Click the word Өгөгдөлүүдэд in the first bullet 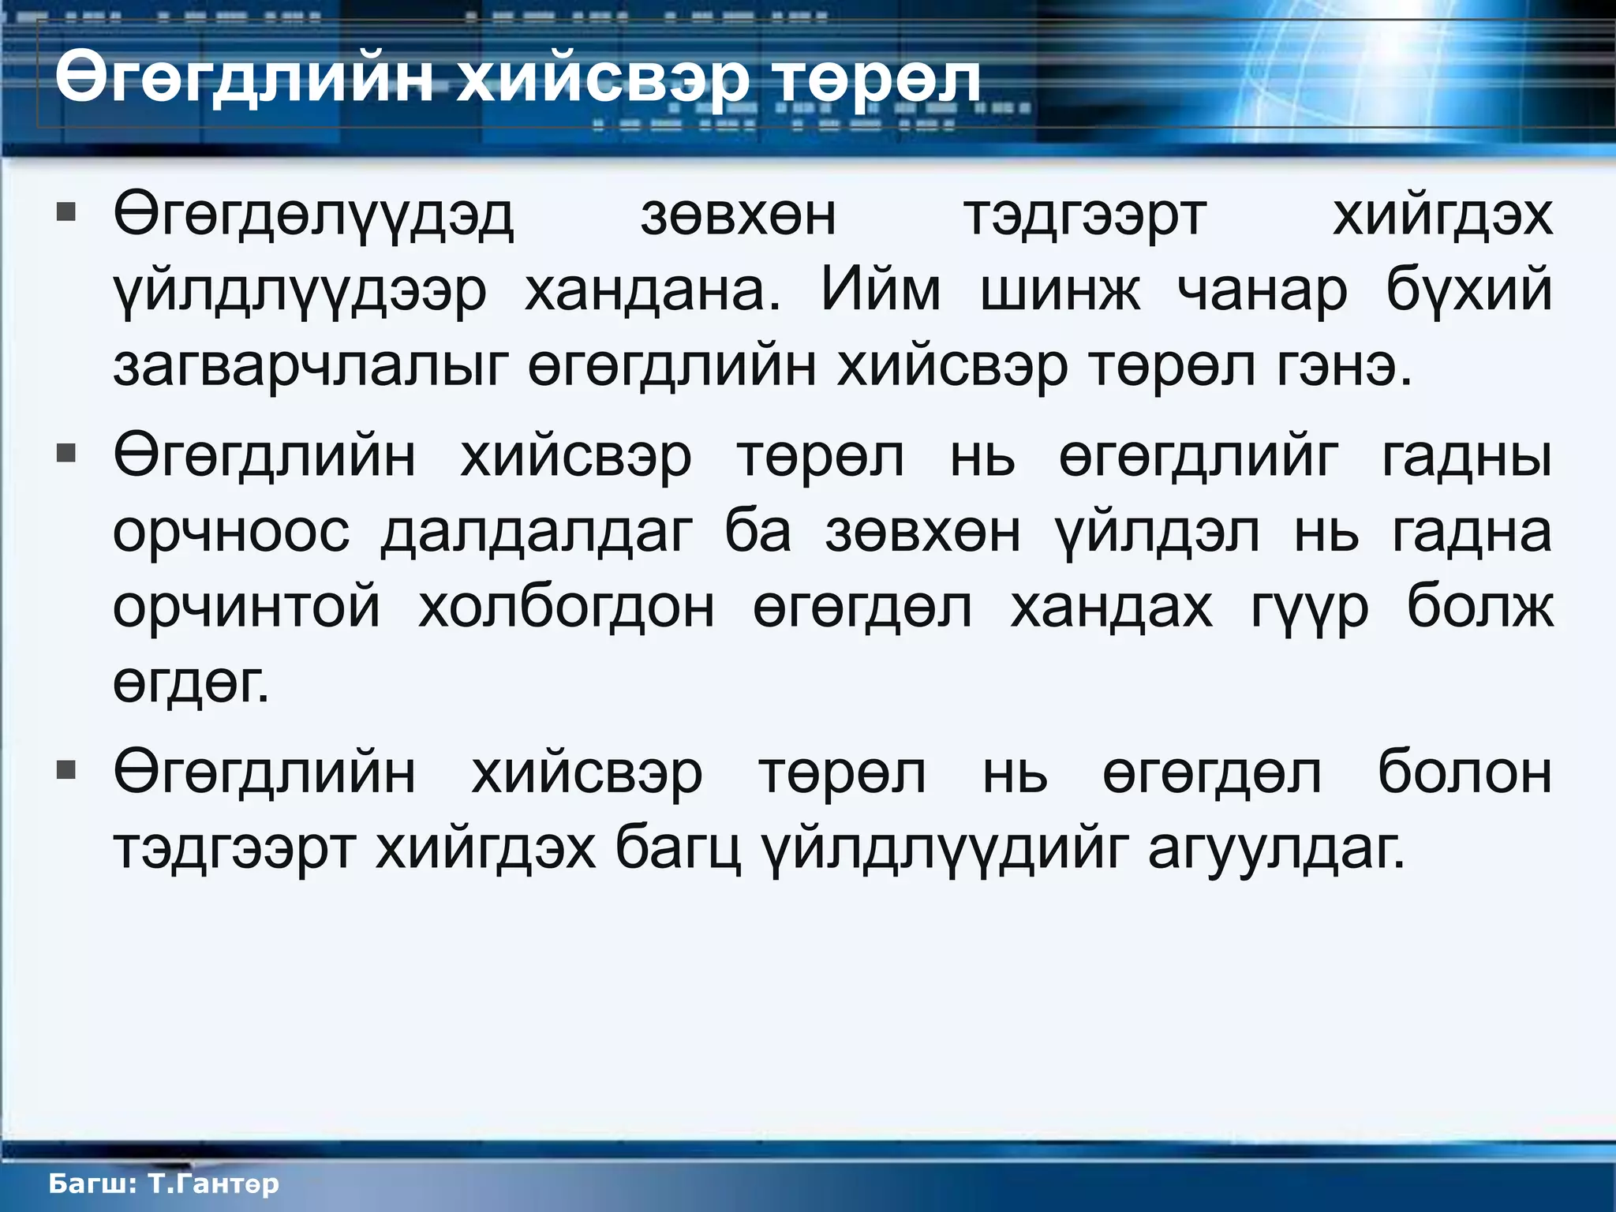[x=313, y=216]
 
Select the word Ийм [x=881, y=290]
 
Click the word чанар [x=1262, y=292]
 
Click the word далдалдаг [x=537, y=533]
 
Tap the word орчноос [x=231, y=533]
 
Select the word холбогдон [x=567, y=608]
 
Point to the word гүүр [x=1311, y=609]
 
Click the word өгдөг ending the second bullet [x=191, y=683]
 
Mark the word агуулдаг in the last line [x=1276, y=851]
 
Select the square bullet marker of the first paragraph [x=66, y=212]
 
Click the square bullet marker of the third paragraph [x=66, y=769]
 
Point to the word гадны [x=1467, y=457]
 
